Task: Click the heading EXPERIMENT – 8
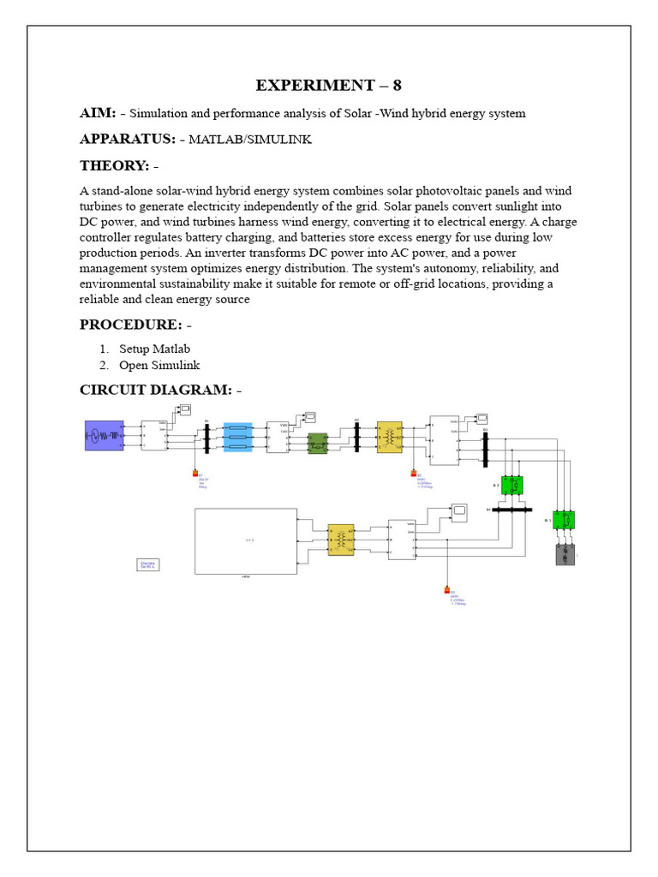pos(328,85)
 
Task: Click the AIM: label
pos(98,113)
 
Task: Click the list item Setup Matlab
pos(154,349)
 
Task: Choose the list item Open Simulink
pos(159,365)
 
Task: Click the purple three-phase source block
pos(104,436)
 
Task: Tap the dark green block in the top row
pos(319,442)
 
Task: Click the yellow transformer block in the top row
pos(389,437)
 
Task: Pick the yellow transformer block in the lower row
pos(341,540)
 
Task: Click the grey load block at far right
pos(565,554)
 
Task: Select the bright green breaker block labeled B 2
pos(512,486)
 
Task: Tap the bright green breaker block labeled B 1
pos(564,520)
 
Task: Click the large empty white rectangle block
pos(246,540)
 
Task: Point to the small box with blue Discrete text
pos(149,564)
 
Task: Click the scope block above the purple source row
pos(185,409)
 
